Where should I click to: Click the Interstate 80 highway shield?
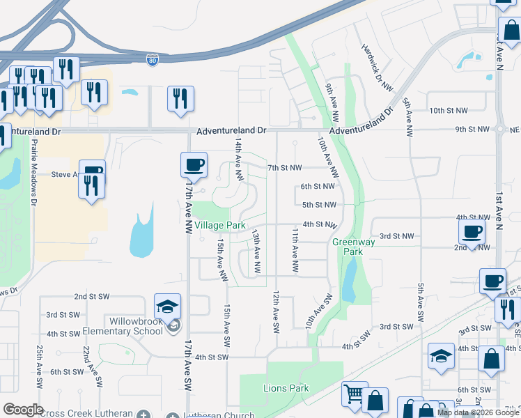pos(152,61)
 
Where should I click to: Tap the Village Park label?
pos(220,226)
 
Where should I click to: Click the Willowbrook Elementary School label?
pos(135,326)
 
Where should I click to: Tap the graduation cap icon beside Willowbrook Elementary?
pos(167,306)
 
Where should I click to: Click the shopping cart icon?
pos(355,394)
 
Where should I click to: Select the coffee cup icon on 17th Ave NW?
pos(194,164)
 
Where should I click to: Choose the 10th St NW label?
pos(448,111)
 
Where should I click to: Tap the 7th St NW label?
pos(285,168)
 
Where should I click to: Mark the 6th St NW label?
pos(318,187)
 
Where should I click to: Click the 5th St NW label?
pos(319,205)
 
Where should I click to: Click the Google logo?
pos(22,410)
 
